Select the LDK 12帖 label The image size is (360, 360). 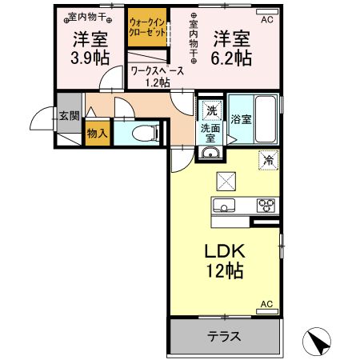[x=225, y=260]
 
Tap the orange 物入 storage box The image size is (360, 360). [x=97, y=134]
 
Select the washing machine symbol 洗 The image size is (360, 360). [x=211, y=110]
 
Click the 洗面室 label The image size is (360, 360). [x=210, y=133]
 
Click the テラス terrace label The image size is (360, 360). [x=225, y=336]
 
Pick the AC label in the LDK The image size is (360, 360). [x=268, y=305]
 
